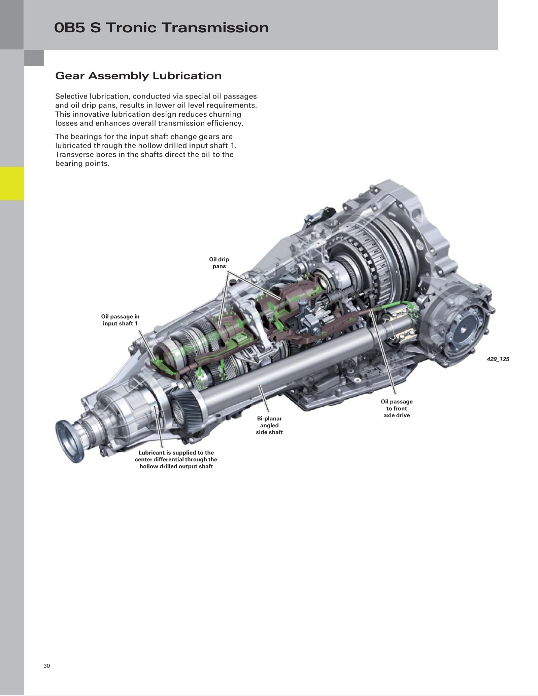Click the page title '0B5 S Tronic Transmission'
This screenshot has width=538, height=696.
(162, 28)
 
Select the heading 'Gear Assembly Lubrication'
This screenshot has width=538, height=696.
(138, 76)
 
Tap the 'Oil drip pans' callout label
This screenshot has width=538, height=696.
(219, 263)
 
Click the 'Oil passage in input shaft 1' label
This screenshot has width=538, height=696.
(120, 320)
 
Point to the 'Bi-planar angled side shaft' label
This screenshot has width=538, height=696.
(269, 425)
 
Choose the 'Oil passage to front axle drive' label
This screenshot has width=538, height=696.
(397, 408)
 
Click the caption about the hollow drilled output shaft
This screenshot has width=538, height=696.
(176, 459)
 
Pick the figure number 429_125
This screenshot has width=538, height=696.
(498, 359)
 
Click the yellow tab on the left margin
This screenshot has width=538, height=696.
(12, 184)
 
